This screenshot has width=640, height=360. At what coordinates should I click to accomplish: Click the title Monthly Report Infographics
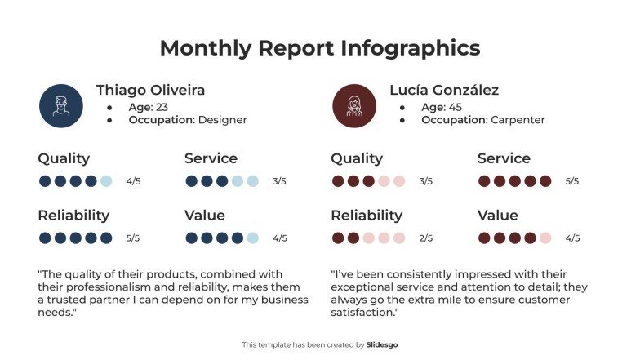(x=320, y=47)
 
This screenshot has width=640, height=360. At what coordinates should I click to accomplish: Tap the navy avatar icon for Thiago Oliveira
(x=61, y=105)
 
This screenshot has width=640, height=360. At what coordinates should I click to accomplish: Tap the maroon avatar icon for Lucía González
(x=354, y=105)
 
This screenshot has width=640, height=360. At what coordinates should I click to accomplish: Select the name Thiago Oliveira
(x=150, y=90)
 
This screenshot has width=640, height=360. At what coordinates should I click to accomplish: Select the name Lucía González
(x=444, y=90)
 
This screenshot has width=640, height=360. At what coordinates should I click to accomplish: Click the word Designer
(x=223, y=120)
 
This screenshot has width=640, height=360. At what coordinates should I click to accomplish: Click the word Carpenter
(x=518, y=120)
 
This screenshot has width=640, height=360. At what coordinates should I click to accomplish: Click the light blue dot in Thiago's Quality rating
(x=106, y=181)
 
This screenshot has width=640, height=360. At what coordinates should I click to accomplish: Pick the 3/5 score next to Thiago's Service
(x=279, y=181)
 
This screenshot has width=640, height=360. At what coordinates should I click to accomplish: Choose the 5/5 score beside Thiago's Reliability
(x=133, y=238)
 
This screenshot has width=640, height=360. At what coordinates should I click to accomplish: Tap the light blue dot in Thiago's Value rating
(x=253, y=238)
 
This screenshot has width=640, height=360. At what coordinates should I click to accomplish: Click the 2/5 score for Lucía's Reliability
(x=425, y=238)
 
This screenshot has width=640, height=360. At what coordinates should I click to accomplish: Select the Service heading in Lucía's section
(x=504, y=158)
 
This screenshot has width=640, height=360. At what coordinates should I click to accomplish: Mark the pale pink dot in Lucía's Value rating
(x=546, y=238)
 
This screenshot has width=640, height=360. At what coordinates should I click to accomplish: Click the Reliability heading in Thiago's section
(x=73, y=216)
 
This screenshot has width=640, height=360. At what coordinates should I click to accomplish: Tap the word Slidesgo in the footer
(x=382, y=345)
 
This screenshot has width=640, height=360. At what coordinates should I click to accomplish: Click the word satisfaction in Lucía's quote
(x=363, y=312)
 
